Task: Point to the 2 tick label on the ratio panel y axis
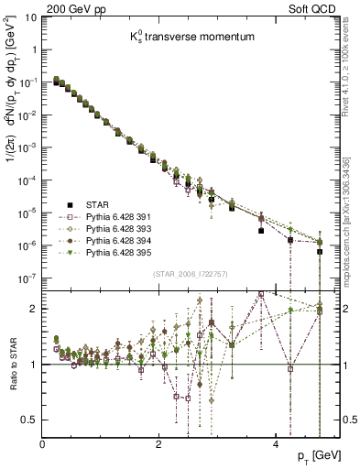click(x=35, y=308)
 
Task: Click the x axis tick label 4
click(x=275, y=443)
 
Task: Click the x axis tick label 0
click(x=42, y=443)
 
